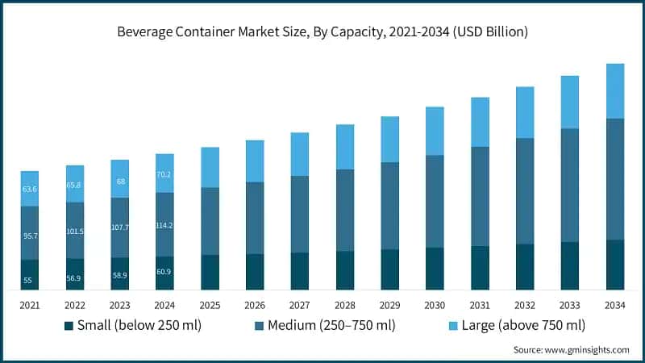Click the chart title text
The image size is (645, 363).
click(x=322, y=32)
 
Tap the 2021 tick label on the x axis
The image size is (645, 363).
click(x=30, y=305)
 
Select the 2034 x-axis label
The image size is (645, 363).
click(x=615, y=305)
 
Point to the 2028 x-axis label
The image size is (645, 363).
click(x=345, y=305)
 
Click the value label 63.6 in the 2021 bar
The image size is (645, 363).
click(x=30, y=189)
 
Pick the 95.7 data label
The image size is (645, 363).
click(x=30, y=236)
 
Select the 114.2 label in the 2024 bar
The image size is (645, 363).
click(x=164, y=225)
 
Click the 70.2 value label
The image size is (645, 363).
click(x=164, y=174)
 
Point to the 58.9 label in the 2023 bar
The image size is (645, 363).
click(x=119, y=275)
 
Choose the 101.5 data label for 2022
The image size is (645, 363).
click(x=75, y=232)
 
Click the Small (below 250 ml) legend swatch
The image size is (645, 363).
click(x=69, y=326)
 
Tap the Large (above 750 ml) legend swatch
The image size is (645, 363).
click(x=455, y=326)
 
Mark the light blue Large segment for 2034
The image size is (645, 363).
click(x=615, y=91)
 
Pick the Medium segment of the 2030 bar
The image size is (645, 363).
click(x=435, y=201)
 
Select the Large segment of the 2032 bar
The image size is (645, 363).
click(x=525, y=112)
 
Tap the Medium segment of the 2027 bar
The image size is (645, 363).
click(x=300, y=214)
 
